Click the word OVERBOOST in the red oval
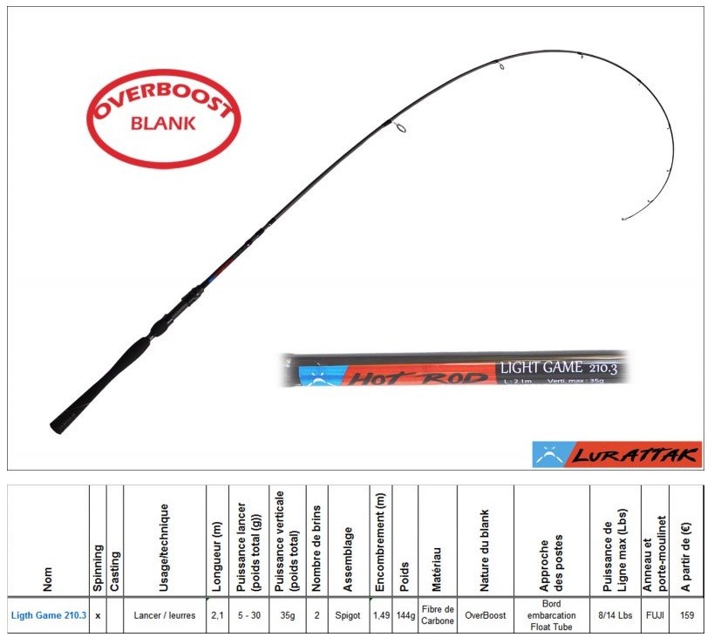pos(162,100)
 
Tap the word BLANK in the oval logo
pos(163,123)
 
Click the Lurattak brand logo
pos(616,454)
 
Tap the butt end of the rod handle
pos(58,424)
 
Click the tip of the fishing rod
pos(624,218)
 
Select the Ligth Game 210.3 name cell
pos(49,615)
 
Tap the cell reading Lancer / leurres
pos(164,615)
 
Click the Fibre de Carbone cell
pos(438,615)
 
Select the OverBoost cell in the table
pos(486,615)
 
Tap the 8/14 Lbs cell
pos(615,615)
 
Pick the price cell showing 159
pos(688,615)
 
